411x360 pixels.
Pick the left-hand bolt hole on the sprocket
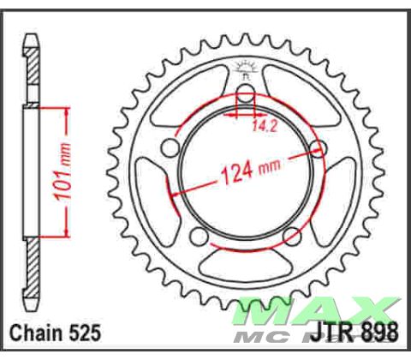pyautogui.click(x=171, y=151)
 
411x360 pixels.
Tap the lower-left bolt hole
pyautogui.click(x=200, y=237)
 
